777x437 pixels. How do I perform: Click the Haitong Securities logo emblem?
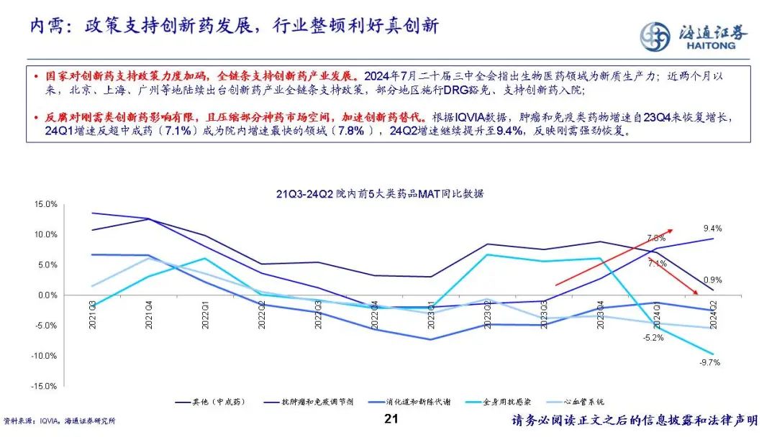[x=655, y=36]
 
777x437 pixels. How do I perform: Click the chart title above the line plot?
[x=380, y=193]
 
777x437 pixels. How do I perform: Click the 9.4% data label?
[x=712, y=229]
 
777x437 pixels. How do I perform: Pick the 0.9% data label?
[x=712, y=280]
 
